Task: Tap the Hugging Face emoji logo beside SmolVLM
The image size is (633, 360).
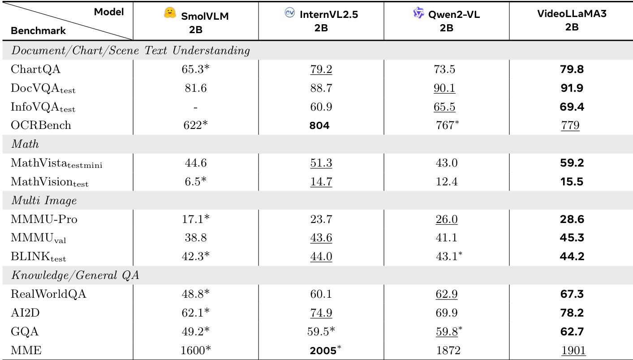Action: coord(170,14)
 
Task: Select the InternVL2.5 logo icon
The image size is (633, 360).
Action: coord(290,13)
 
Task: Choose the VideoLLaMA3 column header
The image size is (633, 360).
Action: coord(572,21)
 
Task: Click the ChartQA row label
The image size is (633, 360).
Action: coord(35,69)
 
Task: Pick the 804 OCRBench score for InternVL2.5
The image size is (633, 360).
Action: coord(319,126)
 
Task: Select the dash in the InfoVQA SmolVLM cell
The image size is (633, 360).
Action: coord(195,107)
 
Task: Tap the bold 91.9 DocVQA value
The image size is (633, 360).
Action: coord(572,88)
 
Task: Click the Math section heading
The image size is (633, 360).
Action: coord(25,144)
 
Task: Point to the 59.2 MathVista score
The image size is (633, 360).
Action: coord(572,163)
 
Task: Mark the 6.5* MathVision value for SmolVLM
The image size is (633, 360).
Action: coord(195,182)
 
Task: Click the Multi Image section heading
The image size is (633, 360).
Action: coord(43,201)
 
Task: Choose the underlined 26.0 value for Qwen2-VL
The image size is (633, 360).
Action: coord(446,220)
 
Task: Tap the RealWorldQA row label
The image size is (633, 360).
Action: coord(48,295)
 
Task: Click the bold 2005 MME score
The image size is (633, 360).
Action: coord(323,351)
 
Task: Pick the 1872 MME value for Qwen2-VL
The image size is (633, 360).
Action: coord(446,351)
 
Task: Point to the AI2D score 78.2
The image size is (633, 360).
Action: coord(572,313)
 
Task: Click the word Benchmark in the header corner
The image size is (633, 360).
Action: coord(38,31)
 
